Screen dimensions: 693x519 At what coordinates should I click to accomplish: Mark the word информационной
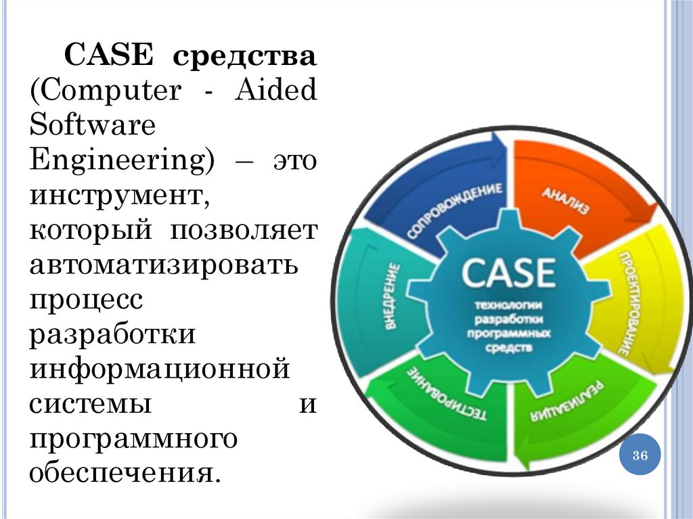pyautogui.click(x=160, y=369)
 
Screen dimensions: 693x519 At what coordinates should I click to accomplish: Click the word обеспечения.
pyautogui.click(x=126, y=472)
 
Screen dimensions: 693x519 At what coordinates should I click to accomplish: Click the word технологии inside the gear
pyautogui.click(x=509, y=304)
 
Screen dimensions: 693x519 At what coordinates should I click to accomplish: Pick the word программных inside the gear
pyautogui.click(x=509, y=334)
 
